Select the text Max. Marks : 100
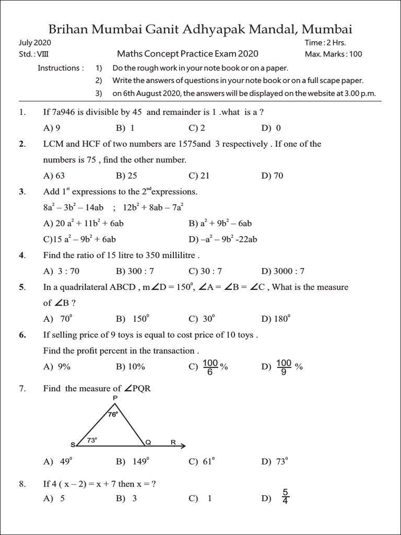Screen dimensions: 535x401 point(333,54)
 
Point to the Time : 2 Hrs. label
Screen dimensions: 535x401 point(325,43)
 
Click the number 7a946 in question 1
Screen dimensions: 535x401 point(64,112)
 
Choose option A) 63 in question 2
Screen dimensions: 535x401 point(54,176)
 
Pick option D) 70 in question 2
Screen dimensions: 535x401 point(272,176)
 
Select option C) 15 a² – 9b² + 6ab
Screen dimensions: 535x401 point(80,239)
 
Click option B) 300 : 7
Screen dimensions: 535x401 point(135,271)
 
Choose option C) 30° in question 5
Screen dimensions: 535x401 point(202,319)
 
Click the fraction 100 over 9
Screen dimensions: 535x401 point(284,366)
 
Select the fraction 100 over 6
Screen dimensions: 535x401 point(210,366)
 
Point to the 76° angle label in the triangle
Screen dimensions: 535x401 point(113,414)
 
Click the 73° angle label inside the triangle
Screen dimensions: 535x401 point(92,440)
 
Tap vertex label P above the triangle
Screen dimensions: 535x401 point(115,398)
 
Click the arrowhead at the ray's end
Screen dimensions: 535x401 point(182,446)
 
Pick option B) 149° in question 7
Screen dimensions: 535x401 point(133,461)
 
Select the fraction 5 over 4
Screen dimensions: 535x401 point(285,497)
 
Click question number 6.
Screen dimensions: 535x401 point(22,335)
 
